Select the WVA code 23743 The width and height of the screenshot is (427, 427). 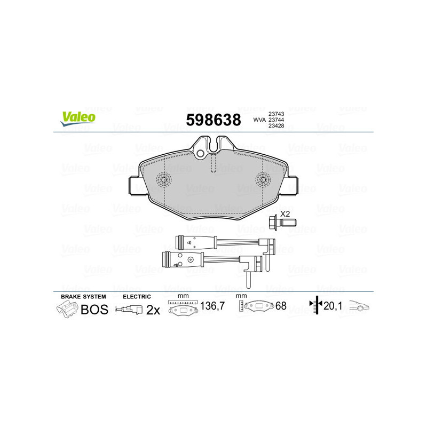276,114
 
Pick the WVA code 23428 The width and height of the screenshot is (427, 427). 276,126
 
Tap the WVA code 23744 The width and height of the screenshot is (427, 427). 276,120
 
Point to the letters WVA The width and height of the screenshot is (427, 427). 259,120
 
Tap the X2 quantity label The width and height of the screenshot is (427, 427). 286,213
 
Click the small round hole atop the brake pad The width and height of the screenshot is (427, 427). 201,154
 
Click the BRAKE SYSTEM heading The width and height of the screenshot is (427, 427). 83,296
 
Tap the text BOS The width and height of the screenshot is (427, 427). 94,310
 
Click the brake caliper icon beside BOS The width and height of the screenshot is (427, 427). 66,310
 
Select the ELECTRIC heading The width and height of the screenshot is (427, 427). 137,296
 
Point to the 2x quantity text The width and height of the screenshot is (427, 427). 153,310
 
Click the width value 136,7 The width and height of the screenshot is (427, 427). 211,306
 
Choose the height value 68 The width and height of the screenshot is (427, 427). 281,306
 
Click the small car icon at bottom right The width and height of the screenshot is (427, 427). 359,306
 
